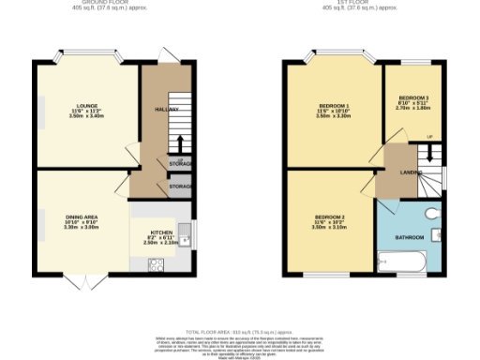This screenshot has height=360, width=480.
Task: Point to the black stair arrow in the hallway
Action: [179, 142]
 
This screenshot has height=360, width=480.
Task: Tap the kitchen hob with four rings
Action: [155, 264]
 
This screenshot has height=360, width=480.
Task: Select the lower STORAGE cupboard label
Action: [180, 187]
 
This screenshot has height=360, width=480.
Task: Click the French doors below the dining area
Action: [84, 281]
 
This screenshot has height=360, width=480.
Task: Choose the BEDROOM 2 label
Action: [329, 217]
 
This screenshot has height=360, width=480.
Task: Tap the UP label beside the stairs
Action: [429, 138]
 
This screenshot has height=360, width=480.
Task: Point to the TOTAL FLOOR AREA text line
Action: [239, 333]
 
